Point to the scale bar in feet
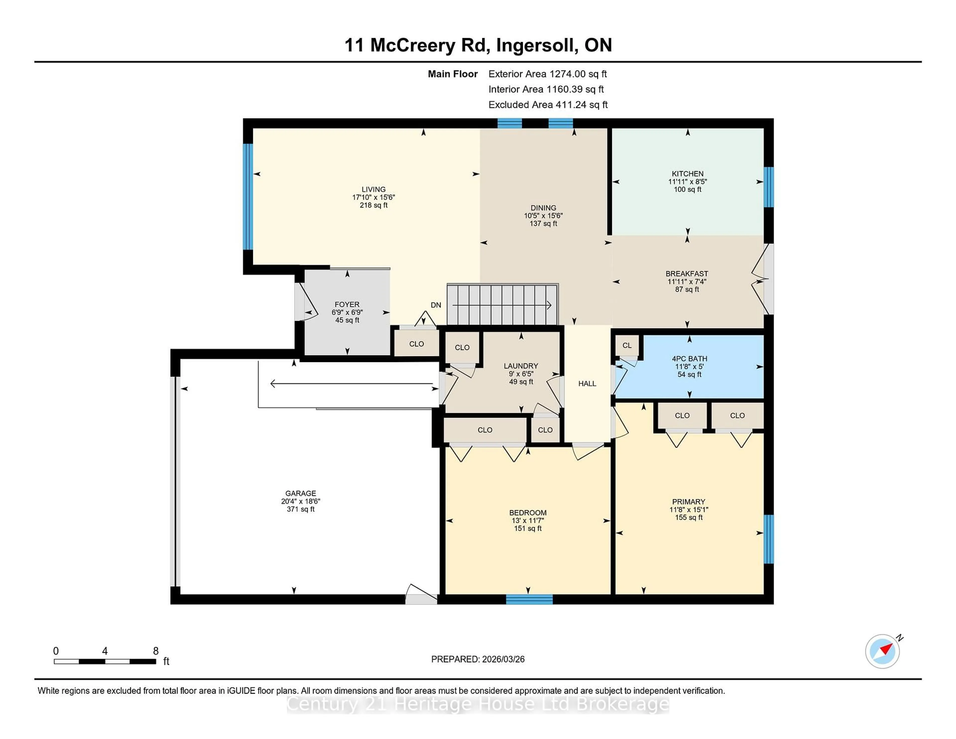(105, 661)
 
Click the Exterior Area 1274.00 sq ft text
(547, 74)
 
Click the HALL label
(587, 383)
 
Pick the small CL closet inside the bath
(627, 345)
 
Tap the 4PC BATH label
(689, 359)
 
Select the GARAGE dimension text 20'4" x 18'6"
(301, 501)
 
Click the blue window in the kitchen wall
(768, 187)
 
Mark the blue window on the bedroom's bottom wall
(529, 599)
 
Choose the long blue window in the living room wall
(248, 196)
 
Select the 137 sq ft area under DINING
(543, 224)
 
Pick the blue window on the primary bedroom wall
(768, 539)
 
